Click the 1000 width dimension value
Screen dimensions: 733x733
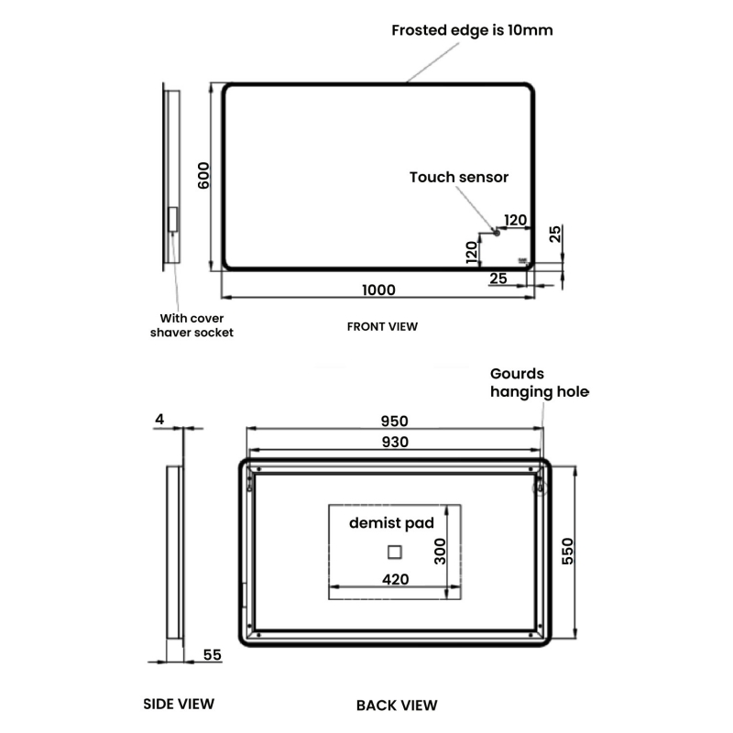(378, 290)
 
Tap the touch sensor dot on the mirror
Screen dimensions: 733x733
(497, 233)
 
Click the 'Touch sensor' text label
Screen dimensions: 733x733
(458, 177)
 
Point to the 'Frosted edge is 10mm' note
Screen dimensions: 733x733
(472, 30)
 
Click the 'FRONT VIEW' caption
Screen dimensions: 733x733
(382, 326)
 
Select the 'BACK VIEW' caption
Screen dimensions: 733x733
(396, 705)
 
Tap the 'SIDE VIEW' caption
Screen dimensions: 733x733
(179, 704)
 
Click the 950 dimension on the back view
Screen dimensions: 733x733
(394, 421)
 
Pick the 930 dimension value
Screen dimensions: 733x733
(394, 442)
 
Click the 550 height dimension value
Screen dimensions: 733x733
(567, 550)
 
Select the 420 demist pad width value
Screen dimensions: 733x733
(396, 579)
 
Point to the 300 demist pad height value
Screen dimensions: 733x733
(440, 550)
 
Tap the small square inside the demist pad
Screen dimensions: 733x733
(395, 552)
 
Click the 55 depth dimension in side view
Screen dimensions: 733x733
(212, 654)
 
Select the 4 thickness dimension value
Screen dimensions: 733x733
(159, 420)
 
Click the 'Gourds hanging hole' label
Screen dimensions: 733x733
(539, 383)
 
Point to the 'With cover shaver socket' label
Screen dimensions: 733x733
(191, 325)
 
